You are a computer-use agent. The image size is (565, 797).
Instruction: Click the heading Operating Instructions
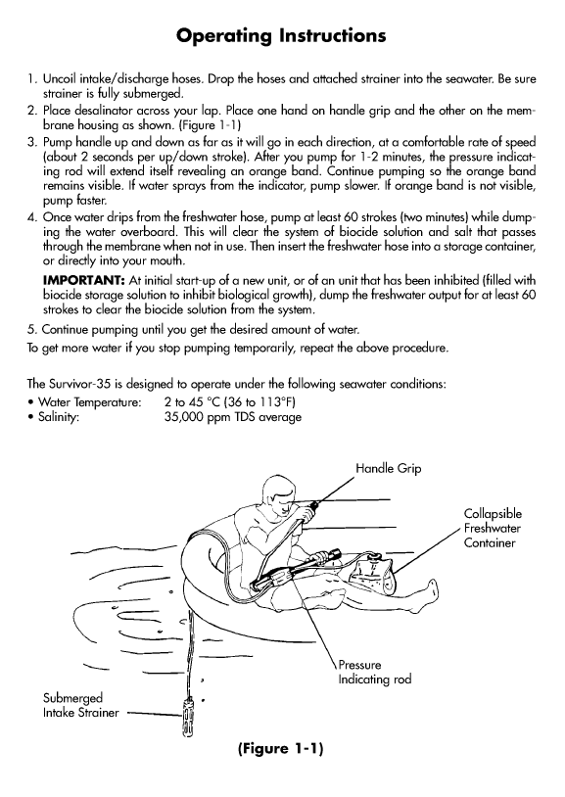coord(281,36)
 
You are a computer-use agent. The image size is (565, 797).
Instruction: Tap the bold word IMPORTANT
coord(84,280)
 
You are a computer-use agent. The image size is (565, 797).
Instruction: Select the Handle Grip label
coord(389,468)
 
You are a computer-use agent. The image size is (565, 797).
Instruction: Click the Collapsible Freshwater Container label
coord(493,528)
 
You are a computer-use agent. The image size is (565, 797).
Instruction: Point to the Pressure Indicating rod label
coord(375,672)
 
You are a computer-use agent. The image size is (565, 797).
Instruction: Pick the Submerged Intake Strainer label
coord(81,705)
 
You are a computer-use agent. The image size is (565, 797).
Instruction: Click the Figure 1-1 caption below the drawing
coord(280,749)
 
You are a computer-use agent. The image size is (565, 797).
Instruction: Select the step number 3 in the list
coord(31,142)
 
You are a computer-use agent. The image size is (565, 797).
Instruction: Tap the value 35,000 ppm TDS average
coord(233,418)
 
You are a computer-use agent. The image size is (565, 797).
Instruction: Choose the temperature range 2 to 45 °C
coord(191,402)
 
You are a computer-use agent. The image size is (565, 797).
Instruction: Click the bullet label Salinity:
coord(59,417)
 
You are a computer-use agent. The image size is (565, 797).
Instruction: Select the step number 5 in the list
coord(31,329)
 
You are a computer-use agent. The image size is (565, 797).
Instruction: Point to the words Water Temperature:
coord(89,402)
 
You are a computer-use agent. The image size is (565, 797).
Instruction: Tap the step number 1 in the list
coord(31,79)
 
